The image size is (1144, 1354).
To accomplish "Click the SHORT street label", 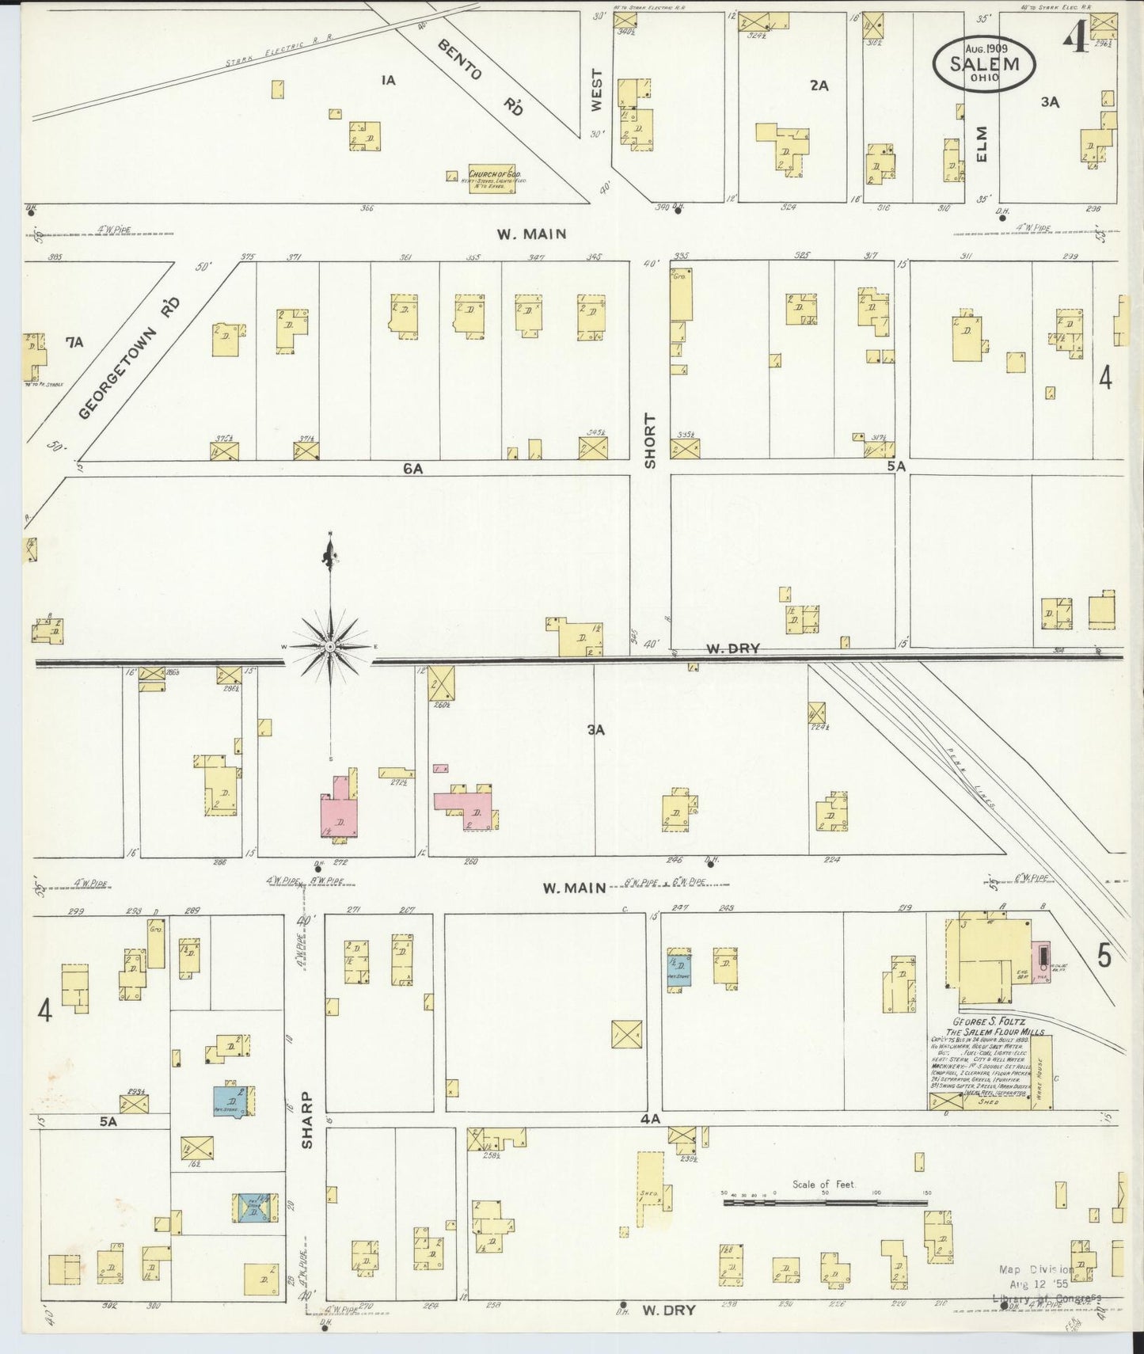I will [651, 441].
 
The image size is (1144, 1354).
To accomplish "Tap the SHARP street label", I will [307, 1120].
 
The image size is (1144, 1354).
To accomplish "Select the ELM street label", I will [982, 144].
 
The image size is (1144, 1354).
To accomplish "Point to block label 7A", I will [74, 342].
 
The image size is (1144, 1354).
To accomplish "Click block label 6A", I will [412, 469].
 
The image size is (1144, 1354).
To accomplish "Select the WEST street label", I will [597, 89].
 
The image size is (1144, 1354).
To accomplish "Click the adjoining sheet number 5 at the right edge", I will [1104, 956].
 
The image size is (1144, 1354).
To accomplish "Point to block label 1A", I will [387, 80].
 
